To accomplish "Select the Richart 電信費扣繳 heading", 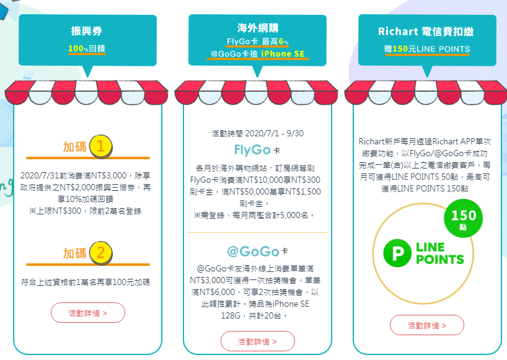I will click(426, 32).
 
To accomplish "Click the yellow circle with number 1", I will click(101, 147).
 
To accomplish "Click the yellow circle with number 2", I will click(101, 253).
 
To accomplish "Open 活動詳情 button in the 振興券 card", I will click(87, 313).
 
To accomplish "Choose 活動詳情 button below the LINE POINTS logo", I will click(426, 325).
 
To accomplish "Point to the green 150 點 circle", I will click(464, 219).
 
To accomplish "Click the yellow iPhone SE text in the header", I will click(284, 54).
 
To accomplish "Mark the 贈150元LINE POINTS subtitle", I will click(426, 49).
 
